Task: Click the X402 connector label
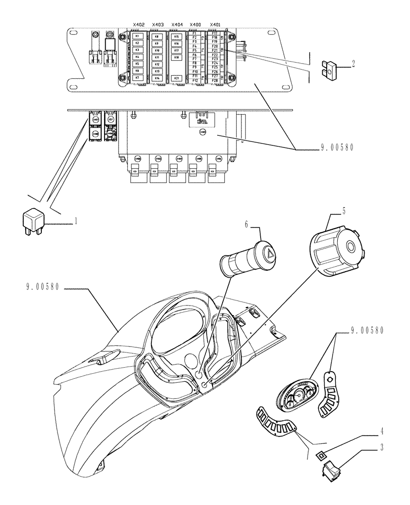138,25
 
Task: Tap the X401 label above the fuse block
215,25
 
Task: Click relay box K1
137,37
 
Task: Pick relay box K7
137,77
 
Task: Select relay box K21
176,78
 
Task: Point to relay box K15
176,37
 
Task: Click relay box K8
157,37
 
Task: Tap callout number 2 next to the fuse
354,64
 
